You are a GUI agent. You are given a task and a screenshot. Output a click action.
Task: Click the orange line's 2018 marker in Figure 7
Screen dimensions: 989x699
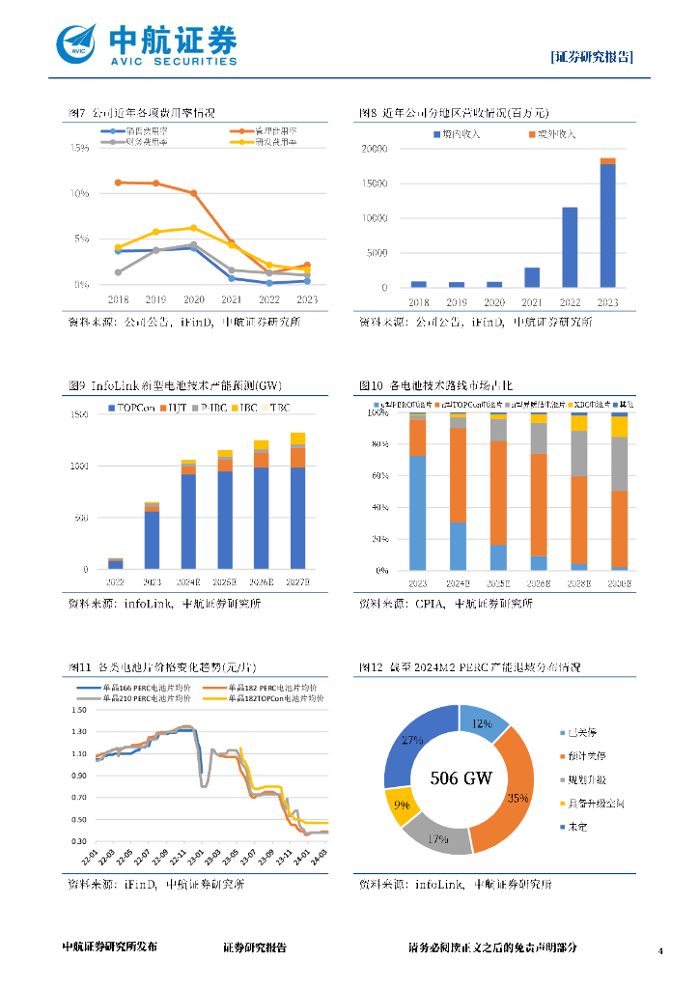(x=118, y=182)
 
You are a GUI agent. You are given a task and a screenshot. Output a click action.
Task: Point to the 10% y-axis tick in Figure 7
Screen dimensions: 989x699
(x=82, y=193)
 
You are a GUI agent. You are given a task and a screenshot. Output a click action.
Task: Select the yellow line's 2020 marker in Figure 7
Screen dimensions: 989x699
(x=193, y=228)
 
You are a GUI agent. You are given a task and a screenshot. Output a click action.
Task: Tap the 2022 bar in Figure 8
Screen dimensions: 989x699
(x=570, y=247)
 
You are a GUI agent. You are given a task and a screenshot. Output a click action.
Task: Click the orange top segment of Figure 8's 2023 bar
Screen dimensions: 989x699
(x=607, y=161)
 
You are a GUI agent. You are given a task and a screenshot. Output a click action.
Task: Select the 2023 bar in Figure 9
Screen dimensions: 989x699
(x=153, y=536)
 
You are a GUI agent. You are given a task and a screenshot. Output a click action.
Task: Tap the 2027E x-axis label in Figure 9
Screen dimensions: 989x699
(x=298, y=582)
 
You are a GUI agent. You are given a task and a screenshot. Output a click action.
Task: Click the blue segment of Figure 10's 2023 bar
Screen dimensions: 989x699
(x=418, y=512)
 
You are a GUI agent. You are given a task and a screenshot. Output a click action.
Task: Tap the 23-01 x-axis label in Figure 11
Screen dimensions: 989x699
(x=197, y=857)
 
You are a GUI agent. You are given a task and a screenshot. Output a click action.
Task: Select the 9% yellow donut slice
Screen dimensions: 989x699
(x=400, y=805)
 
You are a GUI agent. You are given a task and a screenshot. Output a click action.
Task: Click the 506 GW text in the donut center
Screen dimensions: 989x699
(x=460, y=777)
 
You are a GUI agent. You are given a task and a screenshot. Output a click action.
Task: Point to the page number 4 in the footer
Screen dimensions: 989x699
(x=660, y=951)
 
